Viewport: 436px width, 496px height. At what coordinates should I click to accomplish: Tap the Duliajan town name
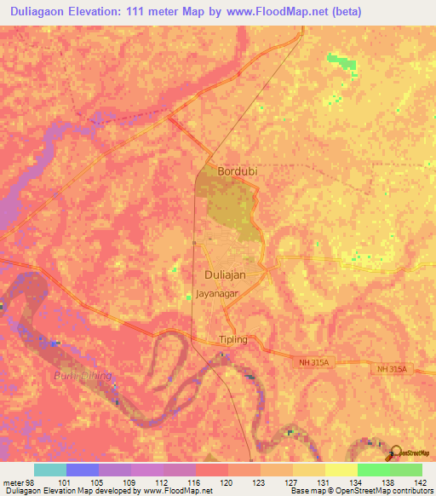tap(226, 275)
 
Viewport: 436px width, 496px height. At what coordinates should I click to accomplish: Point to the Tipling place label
tap(232, 339)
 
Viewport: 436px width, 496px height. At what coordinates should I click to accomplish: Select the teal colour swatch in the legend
tap(50, 470)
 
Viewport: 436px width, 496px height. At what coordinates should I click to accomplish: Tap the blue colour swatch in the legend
tap(83, 470)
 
